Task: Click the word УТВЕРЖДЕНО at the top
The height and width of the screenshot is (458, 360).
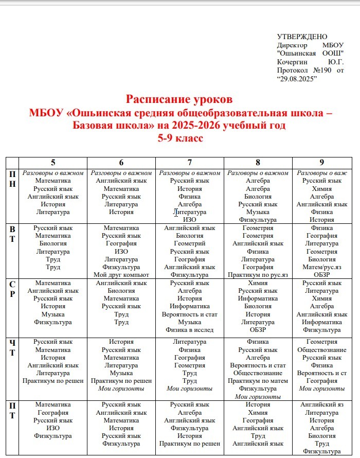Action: point(302,37)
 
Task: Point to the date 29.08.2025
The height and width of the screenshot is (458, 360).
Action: point(297,78)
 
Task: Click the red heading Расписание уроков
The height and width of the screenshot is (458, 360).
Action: point(179,99)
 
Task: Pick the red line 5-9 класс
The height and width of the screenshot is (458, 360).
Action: point(180,138)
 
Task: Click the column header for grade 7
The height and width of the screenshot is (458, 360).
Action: point(189,163)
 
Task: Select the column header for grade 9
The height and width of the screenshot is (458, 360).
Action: point(321,163)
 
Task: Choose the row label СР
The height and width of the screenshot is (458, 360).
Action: point(12,289)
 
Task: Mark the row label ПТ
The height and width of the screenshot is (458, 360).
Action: point(12,410)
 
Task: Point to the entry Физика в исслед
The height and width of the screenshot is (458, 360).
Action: point(189,330)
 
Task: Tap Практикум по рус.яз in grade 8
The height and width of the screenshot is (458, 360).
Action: point(258,275)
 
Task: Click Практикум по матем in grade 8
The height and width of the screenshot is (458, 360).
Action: point(258,381)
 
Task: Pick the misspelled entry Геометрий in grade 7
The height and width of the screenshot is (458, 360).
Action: point(189,243)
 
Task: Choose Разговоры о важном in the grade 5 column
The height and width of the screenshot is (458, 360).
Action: point(53,173)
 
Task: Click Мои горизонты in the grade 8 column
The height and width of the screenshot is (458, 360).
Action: point(258,397)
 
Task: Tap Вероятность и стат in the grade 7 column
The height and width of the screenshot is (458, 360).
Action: point(189,314)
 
